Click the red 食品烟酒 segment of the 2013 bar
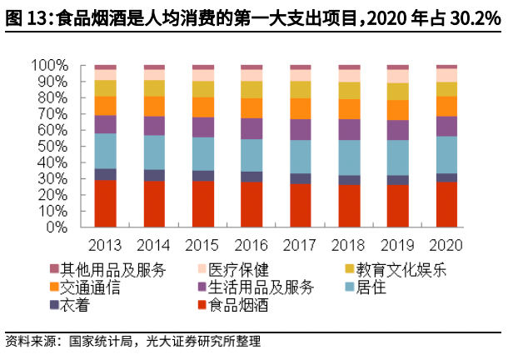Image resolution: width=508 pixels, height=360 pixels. pyautogui.click(x=105, y=203)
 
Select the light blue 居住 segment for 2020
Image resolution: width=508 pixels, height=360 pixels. pyautogui.click(x=446, y=155)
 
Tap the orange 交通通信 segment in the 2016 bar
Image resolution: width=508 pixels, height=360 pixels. pyautogui.click(x=252, y=108)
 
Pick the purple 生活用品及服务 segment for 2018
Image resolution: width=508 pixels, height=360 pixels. pyautogui.click(x=349, y=130)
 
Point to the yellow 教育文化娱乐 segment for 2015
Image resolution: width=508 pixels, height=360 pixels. pyautogui.click(x=203, y=89)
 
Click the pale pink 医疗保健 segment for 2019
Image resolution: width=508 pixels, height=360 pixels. pyautogui.click(x=398, y=77)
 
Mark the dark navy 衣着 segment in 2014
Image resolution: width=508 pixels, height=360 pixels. pyautogui.click(x=154, y=176)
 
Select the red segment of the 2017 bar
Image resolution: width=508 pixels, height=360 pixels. pyautogui.click(x=301, y=206)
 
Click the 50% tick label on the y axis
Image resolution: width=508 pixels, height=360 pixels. pyautogui.click(x=52, y=147)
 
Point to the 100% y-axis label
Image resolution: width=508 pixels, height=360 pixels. pyautogui.click(x=50, y=65)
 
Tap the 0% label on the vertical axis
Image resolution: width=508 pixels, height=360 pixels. pyautogui.click(x=57, y=227)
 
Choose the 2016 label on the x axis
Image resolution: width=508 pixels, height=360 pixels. pyautogui.click(x=251, y=245)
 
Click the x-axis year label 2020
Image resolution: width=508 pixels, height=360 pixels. pyautogui.click(x=446, y=245)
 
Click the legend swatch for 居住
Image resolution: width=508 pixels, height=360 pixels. pyautogui.click(x=350, y=287)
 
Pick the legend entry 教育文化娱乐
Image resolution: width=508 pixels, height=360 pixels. pyautogui.click(x=396, y=270)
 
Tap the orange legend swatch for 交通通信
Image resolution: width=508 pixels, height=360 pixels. pyautogui.click(x=54, y=287)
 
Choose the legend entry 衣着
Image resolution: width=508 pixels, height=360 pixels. pyautogui.click(x=70, y=304)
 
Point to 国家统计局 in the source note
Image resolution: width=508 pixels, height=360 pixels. pyautogui.click(x=101, y=342)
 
